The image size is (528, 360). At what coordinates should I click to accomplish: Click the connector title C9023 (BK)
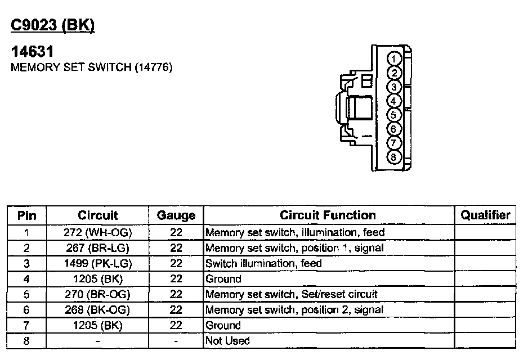coord(53,26)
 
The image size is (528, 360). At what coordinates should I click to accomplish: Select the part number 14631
coord(33,52)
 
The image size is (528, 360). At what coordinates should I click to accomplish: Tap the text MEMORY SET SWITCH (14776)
coord(92,67)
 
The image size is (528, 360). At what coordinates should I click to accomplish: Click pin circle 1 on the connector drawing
coord(395,59)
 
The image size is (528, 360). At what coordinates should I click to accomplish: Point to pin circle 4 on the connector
coord(395,101)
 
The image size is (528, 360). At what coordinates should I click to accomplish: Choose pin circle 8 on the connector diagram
coord(395,157)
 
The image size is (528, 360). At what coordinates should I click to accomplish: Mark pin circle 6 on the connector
coord(395,129)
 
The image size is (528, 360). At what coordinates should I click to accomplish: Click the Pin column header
coord(27,215)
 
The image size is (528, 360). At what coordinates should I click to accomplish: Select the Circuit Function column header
coord(328,215)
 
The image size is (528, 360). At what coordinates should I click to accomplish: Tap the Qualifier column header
coord(485,215)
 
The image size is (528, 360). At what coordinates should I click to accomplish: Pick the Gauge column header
coord(176,215)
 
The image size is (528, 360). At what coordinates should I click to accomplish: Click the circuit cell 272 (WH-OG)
coord(98,232)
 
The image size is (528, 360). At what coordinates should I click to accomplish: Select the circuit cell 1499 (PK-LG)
coord(98,263)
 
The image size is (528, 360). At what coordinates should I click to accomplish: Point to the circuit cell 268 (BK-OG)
coord(98,309)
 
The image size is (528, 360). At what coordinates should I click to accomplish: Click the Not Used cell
coord(228,341)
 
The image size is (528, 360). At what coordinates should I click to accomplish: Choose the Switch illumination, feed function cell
coord(264,263)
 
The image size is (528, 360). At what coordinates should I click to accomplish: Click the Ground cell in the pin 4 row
coord(223,279)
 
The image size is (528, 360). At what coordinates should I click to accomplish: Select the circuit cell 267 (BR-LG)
coord(98,247)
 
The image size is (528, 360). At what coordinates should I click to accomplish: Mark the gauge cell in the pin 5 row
coord(176,294)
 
